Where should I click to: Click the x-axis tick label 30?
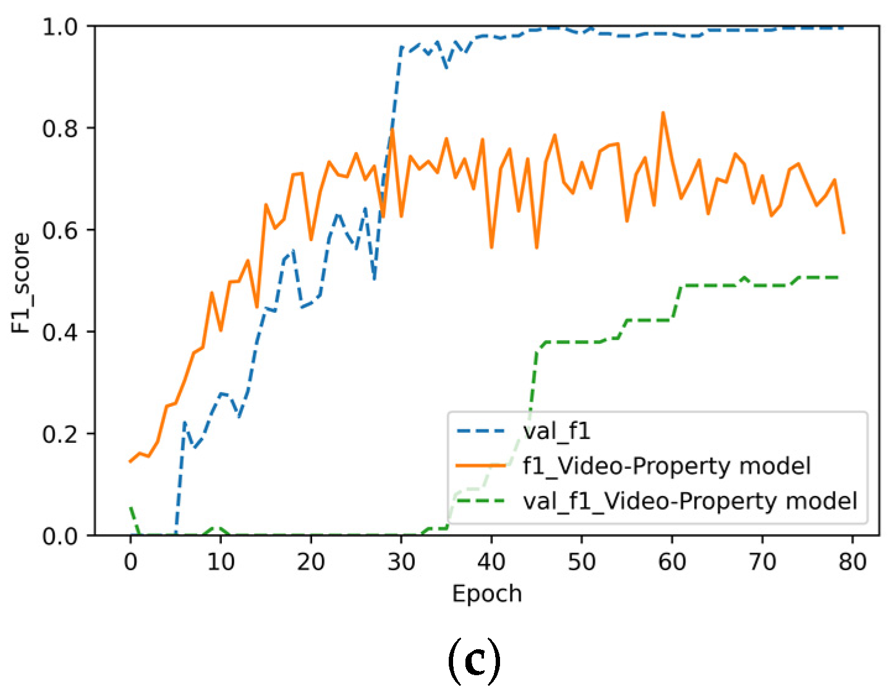tap(401, 561)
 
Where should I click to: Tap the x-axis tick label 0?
tap(130, 561)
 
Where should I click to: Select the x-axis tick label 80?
tap(852, 561)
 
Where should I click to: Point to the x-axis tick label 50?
tap(582, 561)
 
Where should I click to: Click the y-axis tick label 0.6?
tap(60, 231)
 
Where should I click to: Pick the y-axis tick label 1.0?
tap(60, 27)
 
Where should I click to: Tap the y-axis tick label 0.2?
tap(60, 434)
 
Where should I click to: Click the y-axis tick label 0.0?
tap(60, 535)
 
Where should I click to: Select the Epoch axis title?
tap(487, 594)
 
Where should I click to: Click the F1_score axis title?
tap(22, 283)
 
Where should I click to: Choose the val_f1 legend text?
tap(556, 431)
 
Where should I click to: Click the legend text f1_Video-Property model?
tap(666, 466)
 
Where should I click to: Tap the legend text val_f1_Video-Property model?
tap(690, 500)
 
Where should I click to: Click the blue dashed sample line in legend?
tap(481, 431)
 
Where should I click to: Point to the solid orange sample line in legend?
tap(481, 466)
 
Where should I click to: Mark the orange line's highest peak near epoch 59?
tap(663, 113)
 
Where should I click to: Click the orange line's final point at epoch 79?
tap(844, 233)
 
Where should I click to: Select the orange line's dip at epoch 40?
tap(491, 247)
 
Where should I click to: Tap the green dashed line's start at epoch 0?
tap(130, 507)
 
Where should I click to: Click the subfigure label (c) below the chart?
tap(473, 662)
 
